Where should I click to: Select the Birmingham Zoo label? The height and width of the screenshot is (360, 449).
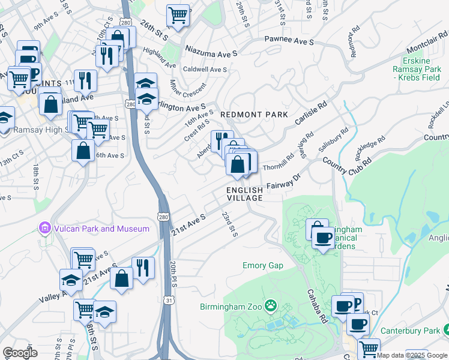[x=231, y=307]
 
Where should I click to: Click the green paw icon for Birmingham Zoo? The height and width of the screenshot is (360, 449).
[x=271, y=307]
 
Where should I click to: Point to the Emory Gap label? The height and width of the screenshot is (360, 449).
[x=262, y=265]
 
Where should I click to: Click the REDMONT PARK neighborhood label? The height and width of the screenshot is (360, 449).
[x=254, y=114]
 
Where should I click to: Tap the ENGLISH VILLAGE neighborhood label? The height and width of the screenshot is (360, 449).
[x=245, y=194]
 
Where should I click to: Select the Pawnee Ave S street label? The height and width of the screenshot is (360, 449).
[x=289, y=41]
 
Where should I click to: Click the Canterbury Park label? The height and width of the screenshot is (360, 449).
[x=412, y=331]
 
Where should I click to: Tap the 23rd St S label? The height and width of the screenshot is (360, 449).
[x=229, y=223]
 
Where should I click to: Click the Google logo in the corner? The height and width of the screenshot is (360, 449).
[x=20, y=353]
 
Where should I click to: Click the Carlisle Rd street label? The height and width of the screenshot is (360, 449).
[x=310, y=113]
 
